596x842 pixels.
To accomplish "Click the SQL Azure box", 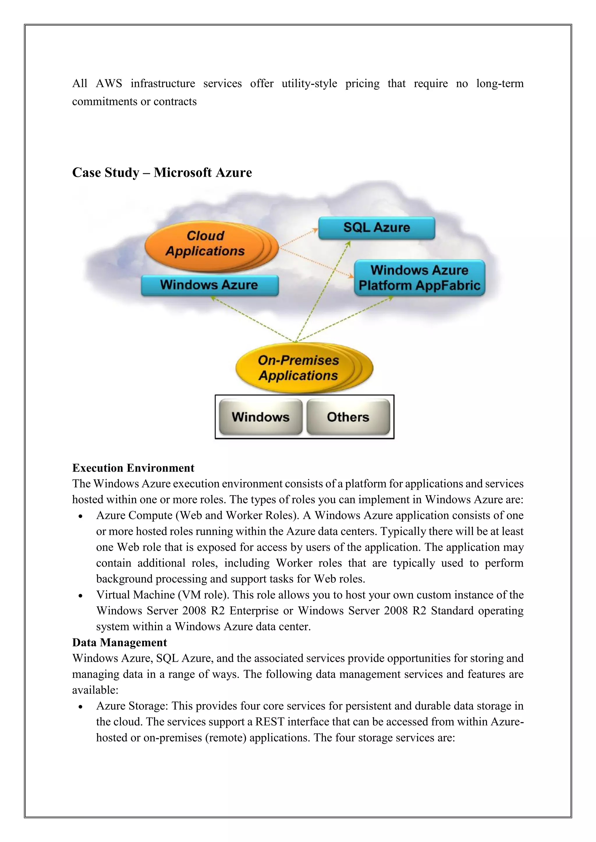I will (377, 228).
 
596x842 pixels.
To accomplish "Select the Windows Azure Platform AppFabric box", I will (419, 278).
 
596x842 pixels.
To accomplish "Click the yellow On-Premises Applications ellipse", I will (298, 368).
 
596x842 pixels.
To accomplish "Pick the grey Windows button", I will (260, 417).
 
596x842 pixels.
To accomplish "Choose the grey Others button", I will (348, 417).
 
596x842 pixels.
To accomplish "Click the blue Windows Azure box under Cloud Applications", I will (209, 285).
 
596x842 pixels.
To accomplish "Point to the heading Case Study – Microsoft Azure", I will (162, 172).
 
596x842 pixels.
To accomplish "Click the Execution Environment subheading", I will (133, 468).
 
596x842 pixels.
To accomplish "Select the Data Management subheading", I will (119, 643).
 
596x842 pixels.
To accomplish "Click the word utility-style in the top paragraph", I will (309, 84).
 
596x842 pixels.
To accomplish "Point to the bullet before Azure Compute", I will (80, 516).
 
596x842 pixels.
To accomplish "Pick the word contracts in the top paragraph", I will (175, 101).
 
